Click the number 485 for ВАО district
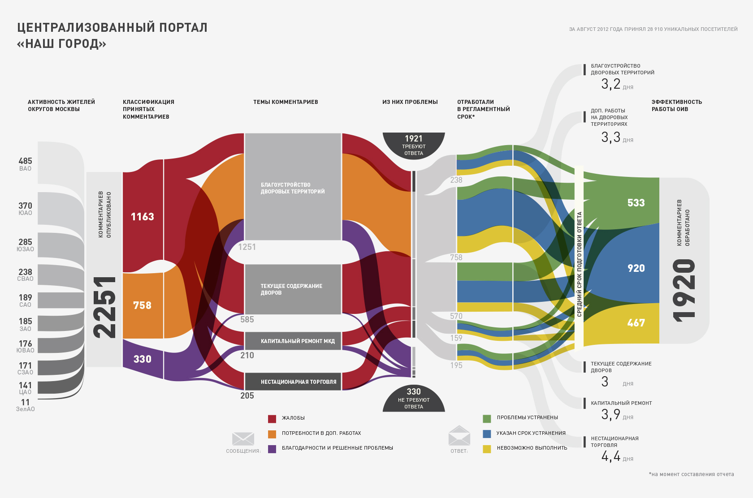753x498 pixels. click(25, 161)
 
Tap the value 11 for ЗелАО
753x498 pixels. click(25, 402)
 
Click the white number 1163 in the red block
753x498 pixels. click(142, 217)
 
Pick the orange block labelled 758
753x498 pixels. click(142, 305)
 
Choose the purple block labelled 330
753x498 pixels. click(142, 359)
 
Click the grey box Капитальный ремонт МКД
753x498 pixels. click(293, 341)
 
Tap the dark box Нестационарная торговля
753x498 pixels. click(293, 382)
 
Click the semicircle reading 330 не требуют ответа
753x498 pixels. click(413, 398)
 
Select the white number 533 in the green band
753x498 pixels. click(636, 203)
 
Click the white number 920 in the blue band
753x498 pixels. click(636, 268)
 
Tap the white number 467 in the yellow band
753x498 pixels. click(636, 323)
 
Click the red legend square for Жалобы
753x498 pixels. click(272, 419)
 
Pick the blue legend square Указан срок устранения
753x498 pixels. click(487, 434)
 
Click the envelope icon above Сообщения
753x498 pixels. click(243, 438)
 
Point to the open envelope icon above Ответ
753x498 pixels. click(459, 435)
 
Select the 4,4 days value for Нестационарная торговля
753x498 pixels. click(611, 456)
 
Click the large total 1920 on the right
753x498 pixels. click(684, 291)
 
